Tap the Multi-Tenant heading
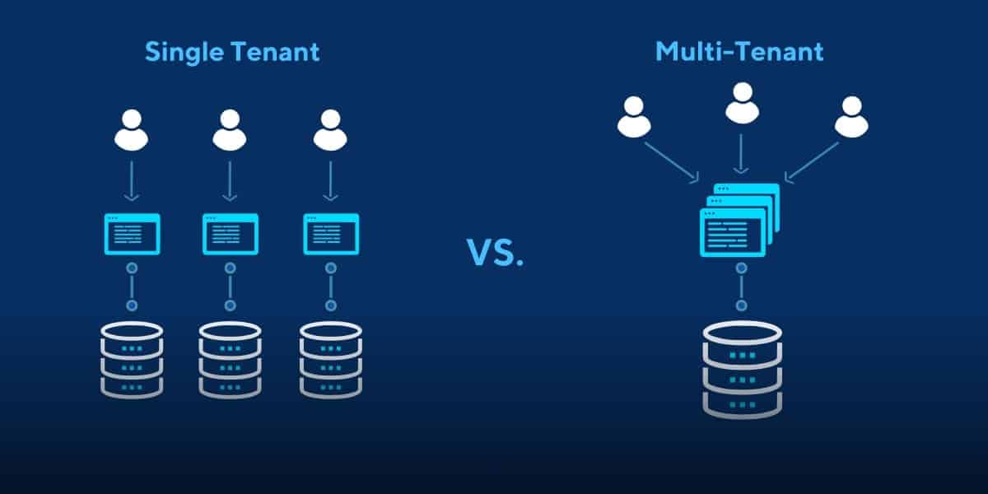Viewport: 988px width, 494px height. point(739,52)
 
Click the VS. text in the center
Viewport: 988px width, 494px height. point(495,253)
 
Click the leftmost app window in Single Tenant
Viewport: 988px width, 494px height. point(132,234)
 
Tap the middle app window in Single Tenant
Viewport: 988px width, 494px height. point(231,234)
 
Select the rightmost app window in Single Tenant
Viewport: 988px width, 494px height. point(331,234)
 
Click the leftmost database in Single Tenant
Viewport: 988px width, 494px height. point(132,360)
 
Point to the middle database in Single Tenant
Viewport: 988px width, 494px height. point(231,360)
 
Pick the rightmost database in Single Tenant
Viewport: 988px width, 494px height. point(331,360)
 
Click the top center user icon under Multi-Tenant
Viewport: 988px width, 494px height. point(741,103)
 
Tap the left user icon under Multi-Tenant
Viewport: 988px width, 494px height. point(633,117)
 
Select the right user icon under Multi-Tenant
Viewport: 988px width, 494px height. point(851,117)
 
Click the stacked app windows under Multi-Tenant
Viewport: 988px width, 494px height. point(738,220)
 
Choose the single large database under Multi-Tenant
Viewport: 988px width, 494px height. point(742,369)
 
